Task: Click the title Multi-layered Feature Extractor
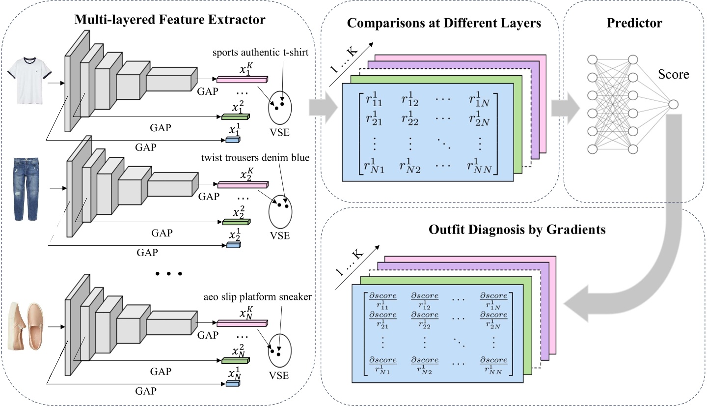(170, 20)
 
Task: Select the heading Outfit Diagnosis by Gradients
(514, 230)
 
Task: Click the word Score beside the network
(674, 74)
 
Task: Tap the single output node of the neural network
(673, 104)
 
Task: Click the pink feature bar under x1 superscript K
(243, 79)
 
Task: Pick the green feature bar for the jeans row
(236, 222)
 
